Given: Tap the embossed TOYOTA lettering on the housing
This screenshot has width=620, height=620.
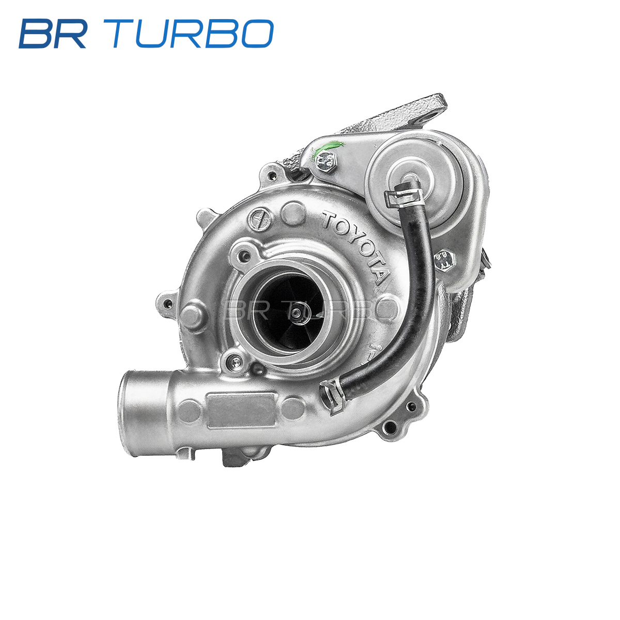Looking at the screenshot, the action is pyautogui.click(x=356, y=246).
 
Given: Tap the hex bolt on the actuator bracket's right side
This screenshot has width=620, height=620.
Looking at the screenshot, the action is pyautogui.click(x=445, y=259).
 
